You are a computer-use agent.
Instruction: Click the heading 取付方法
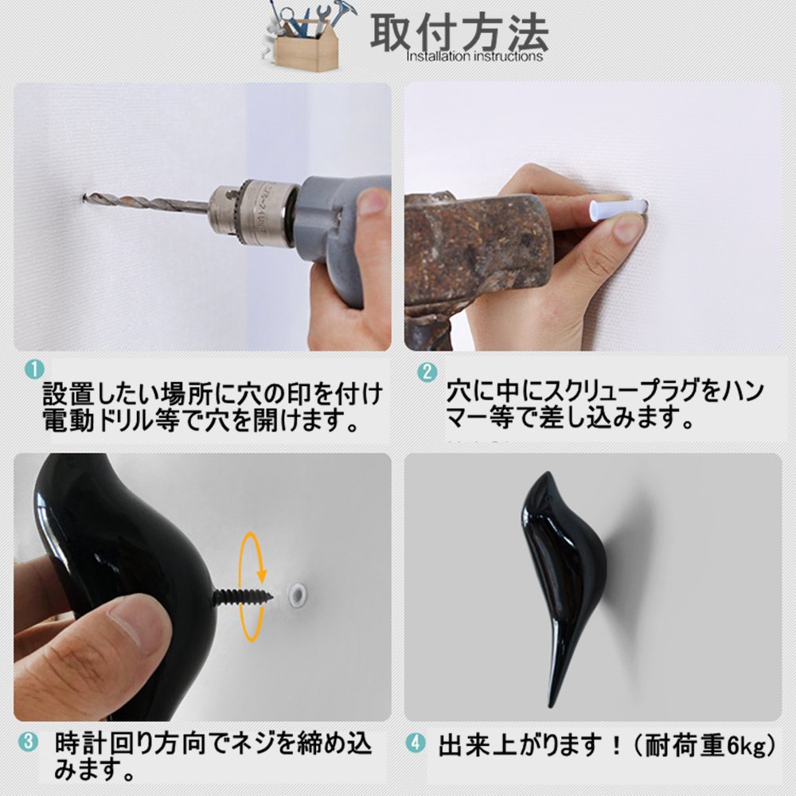(x=459, y=32)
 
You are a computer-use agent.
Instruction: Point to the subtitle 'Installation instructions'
(x=474, y=56)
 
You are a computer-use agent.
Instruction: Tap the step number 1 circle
(x=34, y=369)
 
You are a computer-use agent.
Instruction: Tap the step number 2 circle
(x=427, y=372)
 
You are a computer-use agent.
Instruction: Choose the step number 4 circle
(x=416, y=743)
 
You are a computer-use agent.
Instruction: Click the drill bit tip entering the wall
(x=84, y=196)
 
